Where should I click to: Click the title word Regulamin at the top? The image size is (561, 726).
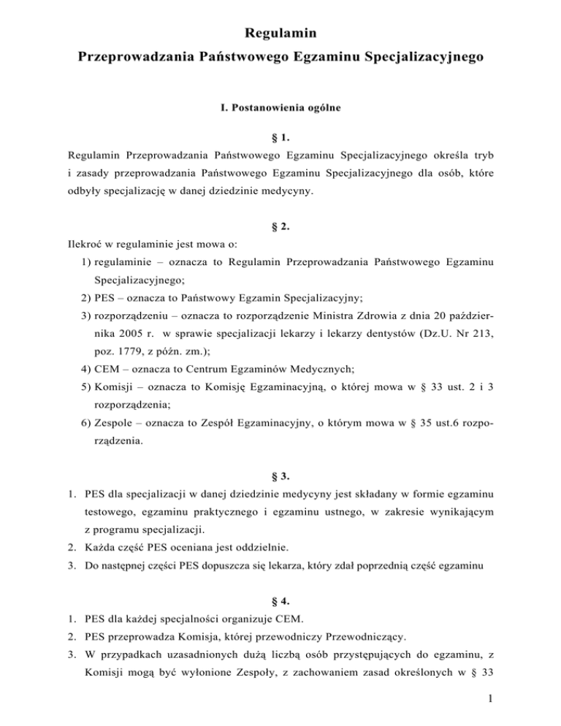[280, 33]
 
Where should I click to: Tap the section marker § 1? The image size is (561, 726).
[280, 137]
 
